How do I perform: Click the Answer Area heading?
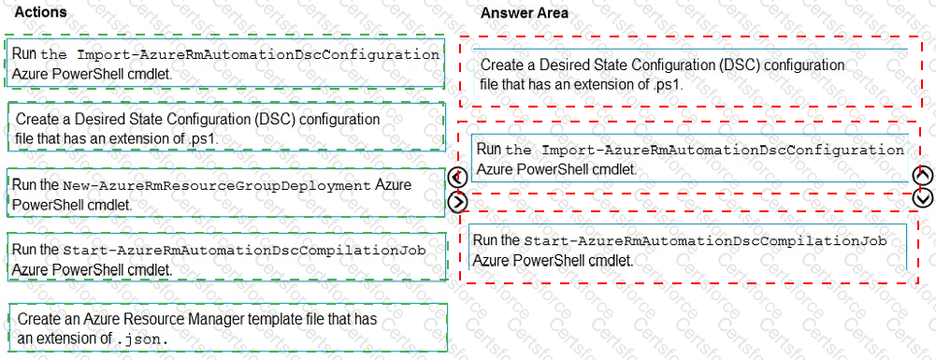[x=524, y=12]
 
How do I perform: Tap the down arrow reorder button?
[x=922, y=197]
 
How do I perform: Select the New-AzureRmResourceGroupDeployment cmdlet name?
[x=217, y=185]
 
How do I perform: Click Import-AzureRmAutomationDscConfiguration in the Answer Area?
[x=723, y=150]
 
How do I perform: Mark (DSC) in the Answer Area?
[x=732, y=65]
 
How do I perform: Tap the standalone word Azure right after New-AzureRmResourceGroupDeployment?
[x=393, y=185]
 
